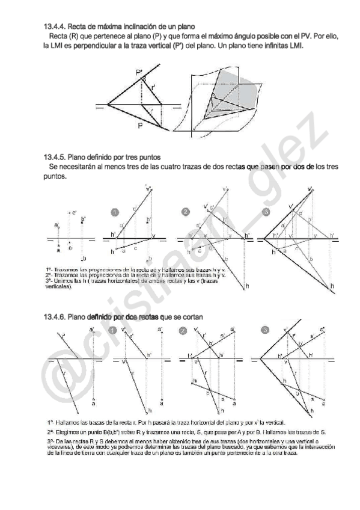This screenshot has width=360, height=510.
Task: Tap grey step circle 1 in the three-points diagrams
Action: click(115, 212)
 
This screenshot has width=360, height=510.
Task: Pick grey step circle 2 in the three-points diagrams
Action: click(186, 212)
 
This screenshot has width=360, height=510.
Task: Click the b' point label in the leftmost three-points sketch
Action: click(83, 219)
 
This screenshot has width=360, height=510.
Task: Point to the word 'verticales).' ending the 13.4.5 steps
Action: click(59, 287)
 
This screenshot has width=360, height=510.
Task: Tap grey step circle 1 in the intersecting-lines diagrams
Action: click(115, 330)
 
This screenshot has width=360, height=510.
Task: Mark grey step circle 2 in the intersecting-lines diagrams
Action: click(184, 330)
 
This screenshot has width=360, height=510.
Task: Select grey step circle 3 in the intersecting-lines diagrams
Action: click(266, 330)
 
